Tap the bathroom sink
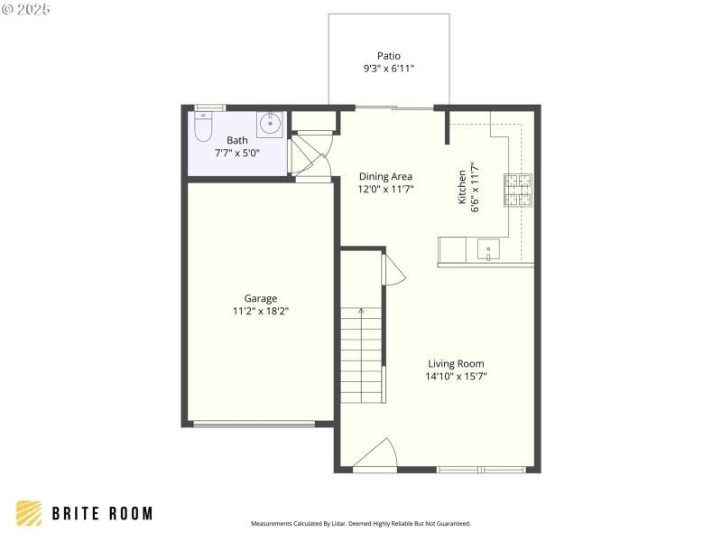click(x=269, y=124)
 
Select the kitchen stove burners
click(x=518, y=191)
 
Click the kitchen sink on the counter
click(x=488, y=248)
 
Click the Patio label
click(x=389, y=55)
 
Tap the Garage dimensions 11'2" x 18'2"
click(x=261, y=311)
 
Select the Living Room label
click(x=456, y=363)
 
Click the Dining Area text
click(x=385, y=176)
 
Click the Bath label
click(x=236, y=140)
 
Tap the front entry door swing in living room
click(x=377, y=453)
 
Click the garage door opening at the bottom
click(x=255, y=424)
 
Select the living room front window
click(x=481, y=470)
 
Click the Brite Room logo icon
click(x=30, y=513)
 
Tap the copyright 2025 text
click(x=27, y=9)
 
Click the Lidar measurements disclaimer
click(x=360, y=524)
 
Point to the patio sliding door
click(x=394, y=107)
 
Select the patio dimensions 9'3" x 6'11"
click(x=389, y=69)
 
